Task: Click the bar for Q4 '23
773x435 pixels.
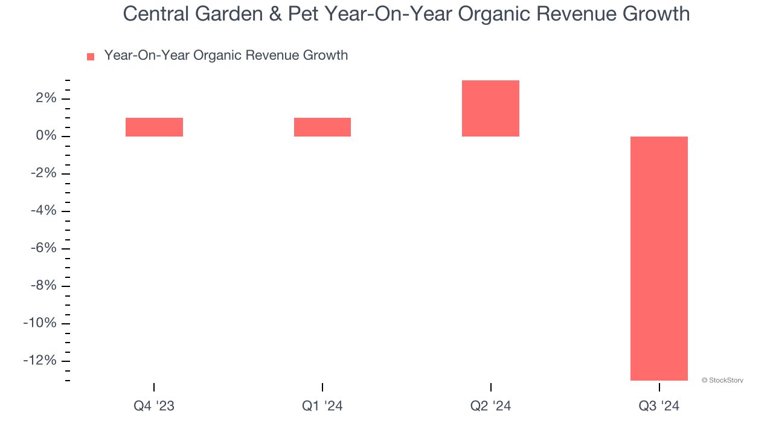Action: tap(154, 127)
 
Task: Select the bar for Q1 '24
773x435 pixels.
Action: tap(322, 127)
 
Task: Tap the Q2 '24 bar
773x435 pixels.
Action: tap(490, 108)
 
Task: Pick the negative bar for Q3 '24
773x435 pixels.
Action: tap(659, 258)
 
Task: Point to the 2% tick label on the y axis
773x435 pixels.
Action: tap(45, 98)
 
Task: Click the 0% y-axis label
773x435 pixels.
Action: tap(45, 136)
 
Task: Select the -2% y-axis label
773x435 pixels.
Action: tap(43, 173)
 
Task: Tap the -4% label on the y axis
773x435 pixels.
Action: tap(43, 211)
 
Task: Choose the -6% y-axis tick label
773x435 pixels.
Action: tap(43, 248)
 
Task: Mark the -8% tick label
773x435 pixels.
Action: tap(43, 286)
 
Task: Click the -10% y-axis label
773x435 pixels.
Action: tap(39, 323)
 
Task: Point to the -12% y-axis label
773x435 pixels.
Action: tap(39, 361)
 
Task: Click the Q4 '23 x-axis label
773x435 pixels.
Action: tap(154, 406)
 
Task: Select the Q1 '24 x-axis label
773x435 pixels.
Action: tap(322, 406)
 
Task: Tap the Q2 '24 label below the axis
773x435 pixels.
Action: tap(490, 406)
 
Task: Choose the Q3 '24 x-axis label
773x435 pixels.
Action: tap(659, 406)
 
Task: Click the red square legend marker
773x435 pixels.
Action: tap(91, 57)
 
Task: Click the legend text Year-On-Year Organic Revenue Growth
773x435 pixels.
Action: tap(226, 56)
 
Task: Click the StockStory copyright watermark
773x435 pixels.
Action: tap(722, 380)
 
